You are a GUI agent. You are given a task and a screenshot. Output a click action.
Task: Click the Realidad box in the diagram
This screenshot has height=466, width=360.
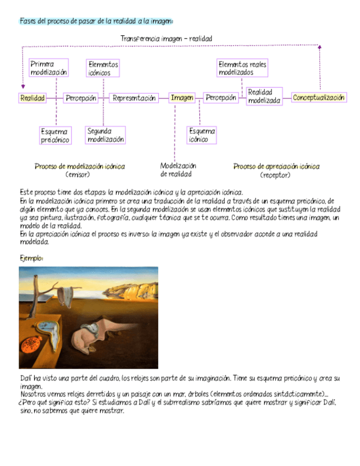(32, 98)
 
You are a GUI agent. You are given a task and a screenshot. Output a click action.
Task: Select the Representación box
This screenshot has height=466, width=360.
(134, 98)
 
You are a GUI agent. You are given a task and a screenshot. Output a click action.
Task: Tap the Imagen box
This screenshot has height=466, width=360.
(182, 98)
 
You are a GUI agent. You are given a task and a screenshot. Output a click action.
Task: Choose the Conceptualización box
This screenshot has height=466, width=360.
(319, 98)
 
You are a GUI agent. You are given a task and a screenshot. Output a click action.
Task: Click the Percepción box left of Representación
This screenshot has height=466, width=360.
(81, 98)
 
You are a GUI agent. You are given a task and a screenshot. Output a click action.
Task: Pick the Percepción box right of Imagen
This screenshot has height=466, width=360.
(221, 98)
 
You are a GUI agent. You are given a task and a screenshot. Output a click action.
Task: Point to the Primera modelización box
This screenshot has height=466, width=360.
(49, 68)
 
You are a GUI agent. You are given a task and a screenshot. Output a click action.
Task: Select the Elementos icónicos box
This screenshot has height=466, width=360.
(103, 68)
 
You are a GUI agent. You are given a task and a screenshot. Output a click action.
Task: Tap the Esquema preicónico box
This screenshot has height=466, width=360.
(56, 136)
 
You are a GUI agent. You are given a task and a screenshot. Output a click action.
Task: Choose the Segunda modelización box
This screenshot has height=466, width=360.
(106, 135)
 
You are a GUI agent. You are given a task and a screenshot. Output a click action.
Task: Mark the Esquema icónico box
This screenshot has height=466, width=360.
(202, 135)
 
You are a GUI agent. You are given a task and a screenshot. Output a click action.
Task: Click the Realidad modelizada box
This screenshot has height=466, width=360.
(264, 96)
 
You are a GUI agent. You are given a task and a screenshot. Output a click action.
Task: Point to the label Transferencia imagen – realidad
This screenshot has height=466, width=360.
(166, 38)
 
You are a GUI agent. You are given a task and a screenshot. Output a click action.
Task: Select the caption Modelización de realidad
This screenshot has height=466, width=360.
(178, 170)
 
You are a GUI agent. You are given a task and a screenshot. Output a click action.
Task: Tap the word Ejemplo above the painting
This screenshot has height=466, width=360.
(31, 258)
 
